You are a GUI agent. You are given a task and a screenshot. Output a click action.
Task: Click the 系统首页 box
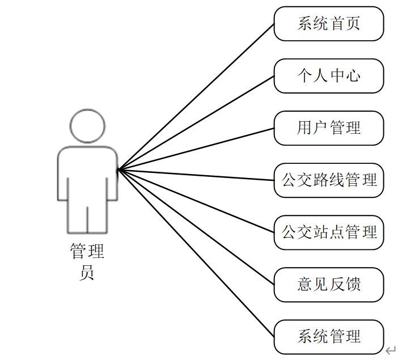click(329, 24)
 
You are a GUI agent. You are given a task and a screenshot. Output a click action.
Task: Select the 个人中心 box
click(329, 76)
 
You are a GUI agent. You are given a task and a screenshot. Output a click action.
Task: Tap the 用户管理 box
click(329, 128)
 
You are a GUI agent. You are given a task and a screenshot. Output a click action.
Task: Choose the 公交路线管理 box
click(329, 180)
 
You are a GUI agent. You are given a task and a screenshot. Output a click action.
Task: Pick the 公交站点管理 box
click(329, 232)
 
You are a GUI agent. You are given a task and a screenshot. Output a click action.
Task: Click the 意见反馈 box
click(329, 285)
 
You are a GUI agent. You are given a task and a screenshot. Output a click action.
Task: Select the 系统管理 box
click(329, 337)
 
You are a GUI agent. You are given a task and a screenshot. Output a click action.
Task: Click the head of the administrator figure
click(87, 126)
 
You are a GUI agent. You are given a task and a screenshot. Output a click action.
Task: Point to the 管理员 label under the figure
click(87, 261)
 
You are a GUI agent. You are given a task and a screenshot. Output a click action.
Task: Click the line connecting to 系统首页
click(196, 96)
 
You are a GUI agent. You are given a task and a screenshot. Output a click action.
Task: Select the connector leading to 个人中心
click(196, 122)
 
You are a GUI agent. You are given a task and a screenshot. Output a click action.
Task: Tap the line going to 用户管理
click(196, 149)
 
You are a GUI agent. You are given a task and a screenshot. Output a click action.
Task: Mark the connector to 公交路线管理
click(196, 175)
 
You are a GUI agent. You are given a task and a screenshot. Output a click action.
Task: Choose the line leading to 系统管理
click(196, 253)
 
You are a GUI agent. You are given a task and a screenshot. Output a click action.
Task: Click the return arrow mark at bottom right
click(391, 350)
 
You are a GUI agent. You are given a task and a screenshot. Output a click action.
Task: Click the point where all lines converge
click(118, 169)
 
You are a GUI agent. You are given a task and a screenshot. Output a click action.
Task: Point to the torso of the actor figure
click(87, 173)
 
